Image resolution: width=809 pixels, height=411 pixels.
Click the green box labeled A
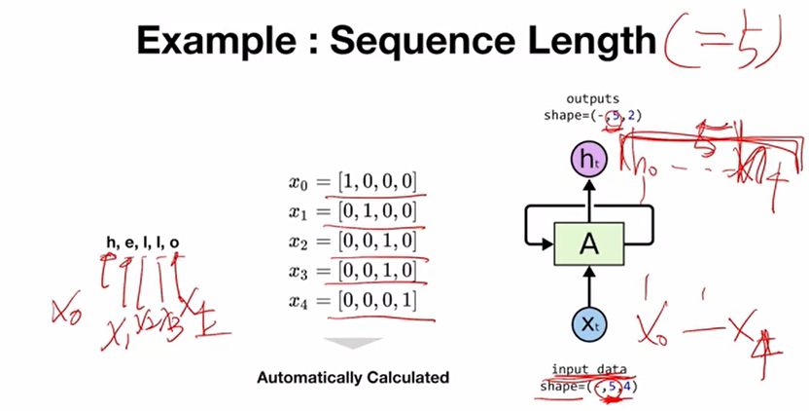(587, 243)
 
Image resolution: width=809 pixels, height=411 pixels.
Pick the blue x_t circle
(587, 324)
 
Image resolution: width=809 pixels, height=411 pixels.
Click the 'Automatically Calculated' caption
(353, 376)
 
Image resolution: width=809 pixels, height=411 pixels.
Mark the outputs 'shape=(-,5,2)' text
(592, 116)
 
